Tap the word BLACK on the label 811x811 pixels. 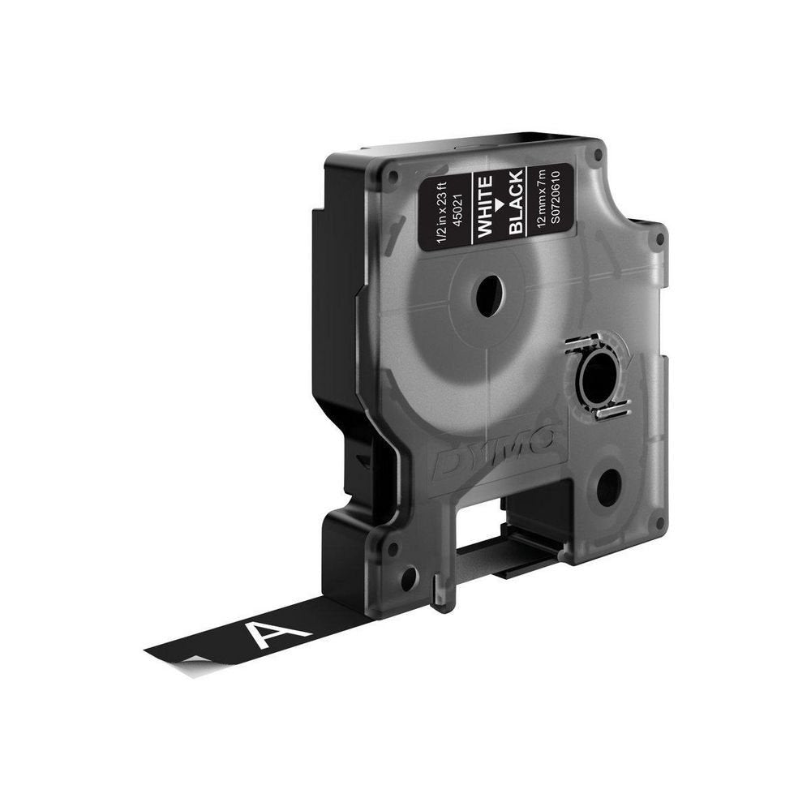516,205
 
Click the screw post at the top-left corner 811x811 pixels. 393,174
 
